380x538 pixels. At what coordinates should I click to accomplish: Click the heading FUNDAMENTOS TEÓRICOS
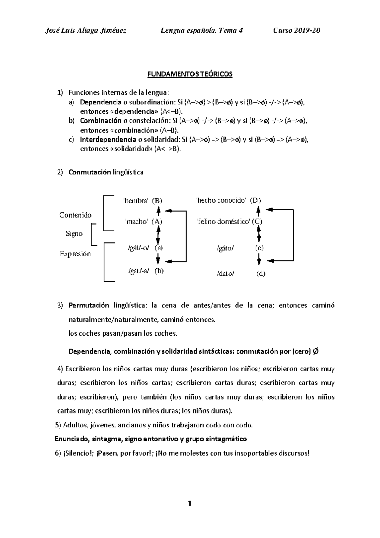(x=190, y=74)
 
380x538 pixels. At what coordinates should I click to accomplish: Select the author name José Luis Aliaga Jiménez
(x=86, y=30)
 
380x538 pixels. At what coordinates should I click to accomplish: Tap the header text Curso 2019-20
(x=297, y=30)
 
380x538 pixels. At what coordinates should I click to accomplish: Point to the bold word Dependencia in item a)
(x=101, y=102)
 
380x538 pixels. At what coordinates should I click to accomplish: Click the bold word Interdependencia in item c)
(x=108, y=140)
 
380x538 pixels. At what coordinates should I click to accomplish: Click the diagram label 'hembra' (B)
(x=143, y=200)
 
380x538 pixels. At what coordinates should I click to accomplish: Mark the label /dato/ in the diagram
(x=225, y=274)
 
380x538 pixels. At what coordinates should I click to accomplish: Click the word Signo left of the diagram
(x=74, y=234)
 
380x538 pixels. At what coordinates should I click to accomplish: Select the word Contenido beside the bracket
(x=75, y=215)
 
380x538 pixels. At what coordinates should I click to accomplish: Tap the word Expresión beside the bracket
(x=75, y=254)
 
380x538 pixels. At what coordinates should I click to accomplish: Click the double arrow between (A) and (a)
(x=158, y=235)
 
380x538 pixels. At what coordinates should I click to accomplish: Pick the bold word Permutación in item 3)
(x=89, y=306)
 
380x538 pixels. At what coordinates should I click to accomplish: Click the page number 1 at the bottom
(x=190, y=503)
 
